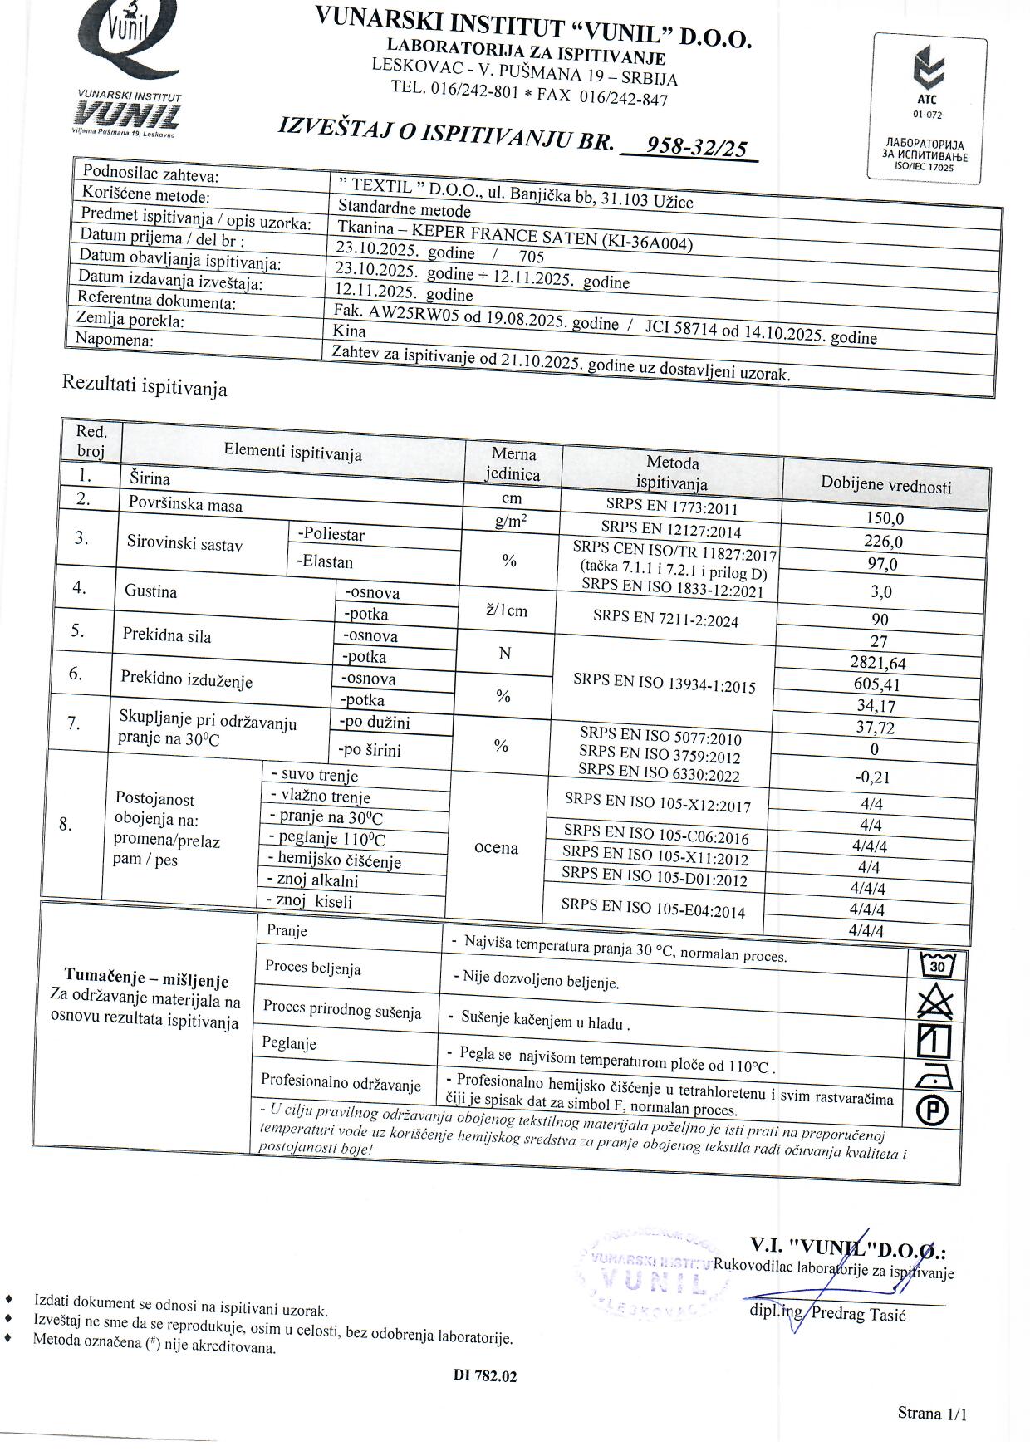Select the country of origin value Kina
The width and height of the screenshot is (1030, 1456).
pos(349,331)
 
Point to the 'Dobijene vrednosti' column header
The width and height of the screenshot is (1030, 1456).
pos(885,485)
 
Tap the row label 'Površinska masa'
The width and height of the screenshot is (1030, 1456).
pos(185,503)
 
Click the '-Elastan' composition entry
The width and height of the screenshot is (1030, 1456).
pos(325,562)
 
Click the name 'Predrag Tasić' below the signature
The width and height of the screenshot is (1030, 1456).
pos(858,1313)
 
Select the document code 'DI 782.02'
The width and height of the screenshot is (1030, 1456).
pos(485,1375)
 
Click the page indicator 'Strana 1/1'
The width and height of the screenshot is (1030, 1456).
pos(932,1413)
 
